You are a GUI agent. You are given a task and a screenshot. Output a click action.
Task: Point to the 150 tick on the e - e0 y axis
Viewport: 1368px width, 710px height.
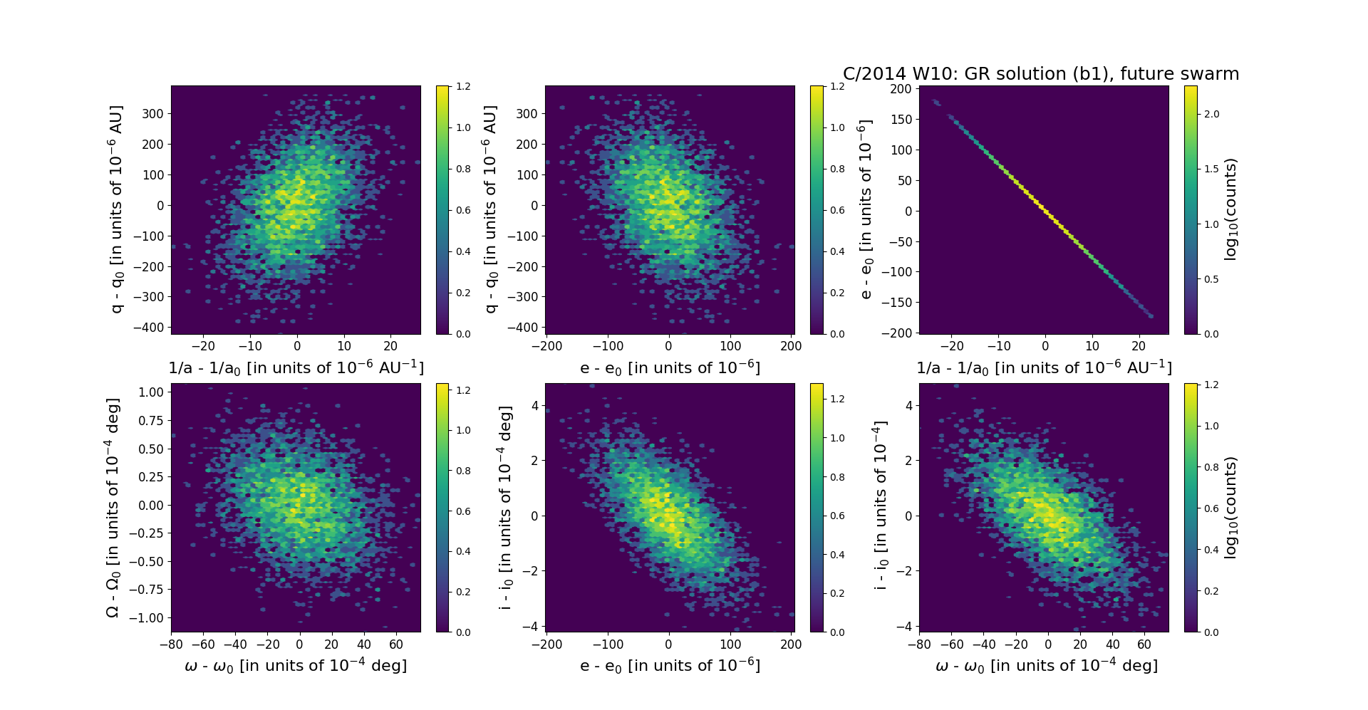[x=901, y=120]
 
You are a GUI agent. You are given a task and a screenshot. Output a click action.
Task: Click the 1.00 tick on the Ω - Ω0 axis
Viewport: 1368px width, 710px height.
[x=151, y=392]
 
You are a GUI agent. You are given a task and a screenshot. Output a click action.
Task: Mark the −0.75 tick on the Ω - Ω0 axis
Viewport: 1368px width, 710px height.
[x=147, y=590]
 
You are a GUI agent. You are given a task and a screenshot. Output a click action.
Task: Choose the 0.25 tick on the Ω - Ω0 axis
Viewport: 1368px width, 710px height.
[x=151, y=477]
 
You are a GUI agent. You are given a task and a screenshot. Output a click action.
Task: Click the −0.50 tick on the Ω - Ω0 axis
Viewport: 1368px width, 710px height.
[x=147, y=561]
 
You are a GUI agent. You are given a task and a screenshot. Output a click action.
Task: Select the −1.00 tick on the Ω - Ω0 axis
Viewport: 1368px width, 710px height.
[x=147, y=618]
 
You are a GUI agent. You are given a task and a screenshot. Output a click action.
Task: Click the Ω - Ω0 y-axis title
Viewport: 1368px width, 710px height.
[x=113, y=508]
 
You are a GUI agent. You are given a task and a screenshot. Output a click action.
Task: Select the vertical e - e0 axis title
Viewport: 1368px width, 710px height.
[x=865, y=209]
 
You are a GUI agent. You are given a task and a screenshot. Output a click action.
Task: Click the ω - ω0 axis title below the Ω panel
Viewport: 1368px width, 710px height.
[x=296, y=666]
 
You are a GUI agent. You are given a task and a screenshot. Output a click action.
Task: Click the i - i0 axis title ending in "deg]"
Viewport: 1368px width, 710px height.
[x=505, y=508]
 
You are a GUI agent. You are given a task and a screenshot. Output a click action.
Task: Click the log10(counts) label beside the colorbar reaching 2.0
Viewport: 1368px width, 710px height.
[x=1230, y=209]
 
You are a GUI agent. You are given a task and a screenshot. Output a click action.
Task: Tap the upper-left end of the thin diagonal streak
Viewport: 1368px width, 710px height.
[x=935, y=101]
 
